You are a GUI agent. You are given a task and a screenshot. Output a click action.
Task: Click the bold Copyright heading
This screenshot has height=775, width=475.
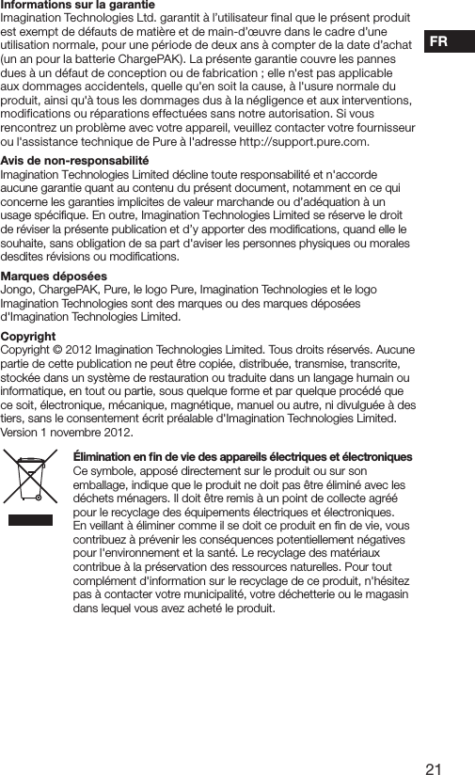point(28,336)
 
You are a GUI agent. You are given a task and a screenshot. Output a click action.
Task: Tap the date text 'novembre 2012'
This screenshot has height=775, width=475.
point(93,433)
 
